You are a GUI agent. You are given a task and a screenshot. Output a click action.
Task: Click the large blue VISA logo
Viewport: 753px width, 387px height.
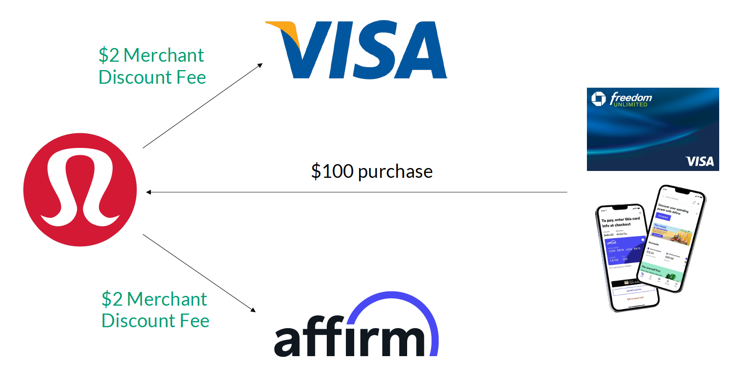(356, 50)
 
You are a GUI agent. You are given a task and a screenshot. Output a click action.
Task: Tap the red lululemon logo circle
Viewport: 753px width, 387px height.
(80, 190)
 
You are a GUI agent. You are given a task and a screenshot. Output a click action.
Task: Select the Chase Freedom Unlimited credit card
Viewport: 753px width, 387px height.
(653, 129)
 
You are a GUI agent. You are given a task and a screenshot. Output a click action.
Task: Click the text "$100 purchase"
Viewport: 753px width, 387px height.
(372, 171)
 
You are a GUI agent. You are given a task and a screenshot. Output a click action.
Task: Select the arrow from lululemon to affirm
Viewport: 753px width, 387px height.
(199, 273)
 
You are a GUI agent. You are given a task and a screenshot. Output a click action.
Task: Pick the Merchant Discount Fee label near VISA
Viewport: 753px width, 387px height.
(152, 66)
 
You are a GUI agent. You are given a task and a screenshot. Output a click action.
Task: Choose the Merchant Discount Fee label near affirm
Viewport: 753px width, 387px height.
(155, 310)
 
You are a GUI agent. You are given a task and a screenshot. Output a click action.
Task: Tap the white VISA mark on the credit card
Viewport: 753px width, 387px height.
(700, 161)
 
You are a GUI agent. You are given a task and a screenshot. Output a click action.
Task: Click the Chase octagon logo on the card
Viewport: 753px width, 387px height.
(598, 98)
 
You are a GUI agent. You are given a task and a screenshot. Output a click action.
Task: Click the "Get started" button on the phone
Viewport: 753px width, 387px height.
(663, 217)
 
